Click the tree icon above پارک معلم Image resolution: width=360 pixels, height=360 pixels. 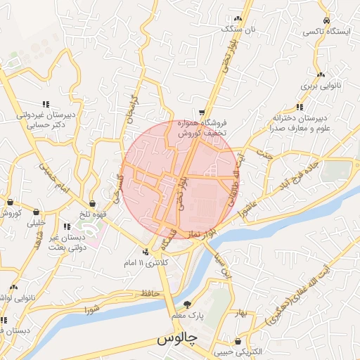[x=187, y=304]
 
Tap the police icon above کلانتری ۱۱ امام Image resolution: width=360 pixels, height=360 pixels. [x=146, y=251]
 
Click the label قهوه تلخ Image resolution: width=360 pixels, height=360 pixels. [x=92, y=215]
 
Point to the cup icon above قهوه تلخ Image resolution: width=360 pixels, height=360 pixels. [x=92, y=203]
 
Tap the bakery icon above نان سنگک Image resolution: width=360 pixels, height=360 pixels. [x=238, y=18]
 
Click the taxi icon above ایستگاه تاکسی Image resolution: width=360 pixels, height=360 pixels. [x=326, y=20]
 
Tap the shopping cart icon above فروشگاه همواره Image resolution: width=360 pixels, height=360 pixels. [x=202, y=112]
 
